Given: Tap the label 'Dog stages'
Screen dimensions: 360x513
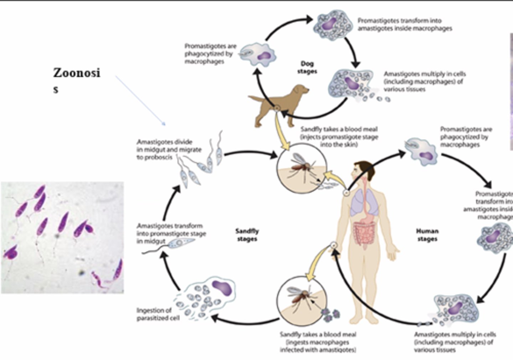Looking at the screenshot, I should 307,67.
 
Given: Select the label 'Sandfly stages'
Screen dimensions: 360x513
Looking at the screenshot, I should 247,235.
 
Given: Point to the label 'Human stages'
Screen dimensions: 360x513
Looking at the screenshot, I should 427,235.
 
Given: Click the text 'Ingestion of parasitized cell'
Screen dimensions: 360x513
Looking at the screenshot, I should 158,314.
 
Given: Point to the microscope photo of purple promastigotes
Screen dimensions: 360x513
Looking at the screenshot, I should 62,237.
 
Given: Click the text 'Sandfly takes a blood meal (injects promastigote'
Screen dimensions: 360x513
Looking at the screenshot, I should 339,137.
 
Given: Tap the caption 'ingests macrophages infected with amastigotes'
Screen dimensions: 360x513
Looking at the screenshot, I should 318,342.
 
